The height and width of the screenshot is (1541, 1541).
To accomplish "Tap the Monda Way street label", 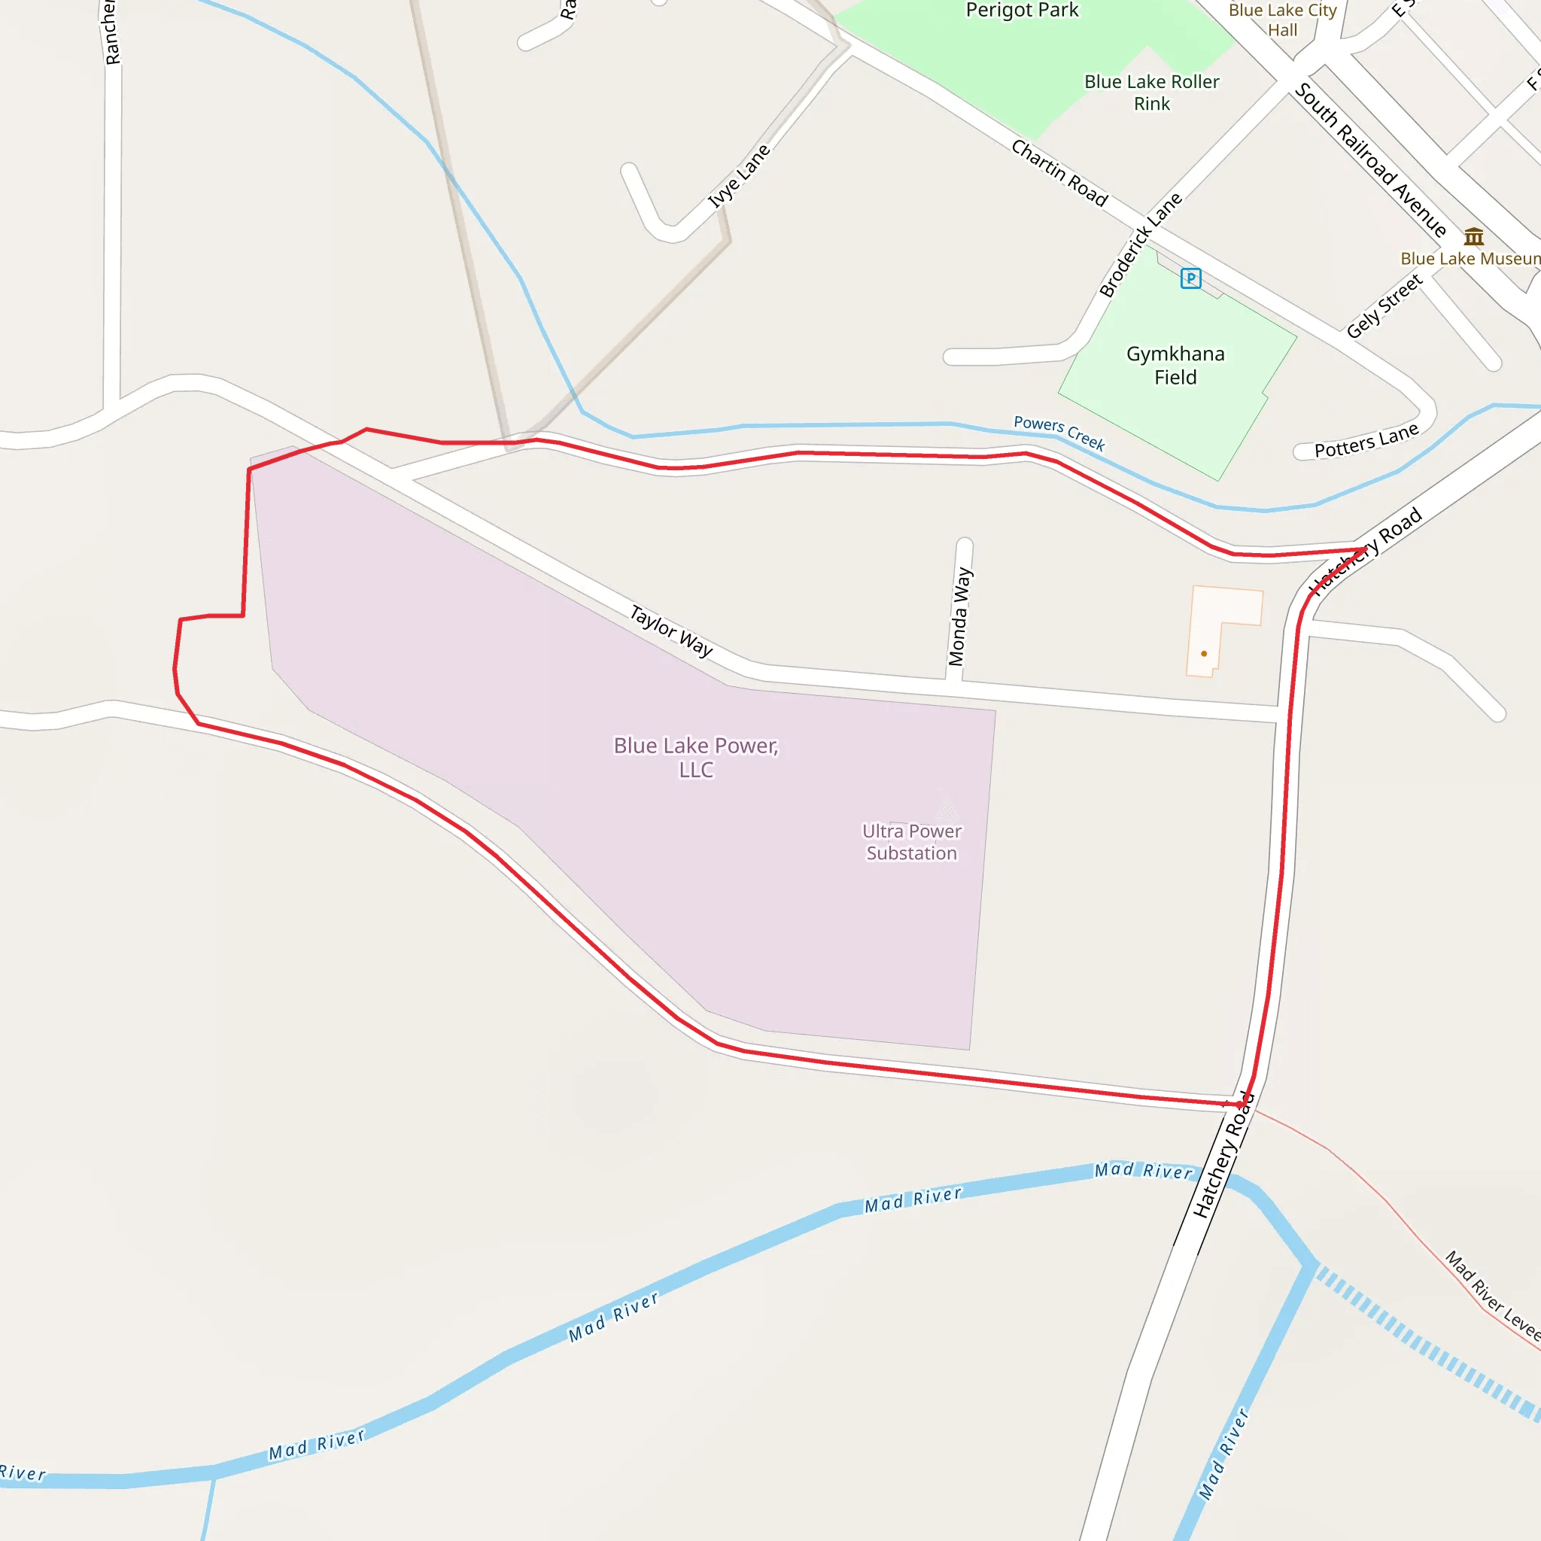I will point(960,616).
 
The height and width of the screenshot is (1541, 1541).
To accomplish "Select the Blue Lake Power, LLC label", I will point(695,757).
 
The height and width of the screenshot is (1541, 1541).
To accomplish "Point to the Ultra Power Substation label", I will point(912,842).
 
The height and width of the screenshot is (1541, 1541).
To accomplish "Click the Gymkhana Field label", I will point(1175,365).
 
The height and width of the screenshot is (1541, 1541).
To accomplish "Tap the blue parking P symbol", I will point(1191,278).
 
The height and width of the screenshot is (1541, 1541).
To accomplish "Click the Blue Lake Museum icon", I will point(1474,237).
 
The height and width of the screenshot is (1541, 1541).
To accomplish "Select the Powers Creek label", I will point(1059,433).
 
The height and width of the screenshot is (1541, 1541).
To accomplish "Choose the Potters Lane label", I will point(1366,441).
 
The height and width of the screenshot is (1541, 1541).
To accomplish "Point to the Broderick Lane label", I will point(1141,244).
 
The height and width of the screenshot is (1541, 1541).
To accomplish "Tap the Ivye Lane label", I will point(740,176).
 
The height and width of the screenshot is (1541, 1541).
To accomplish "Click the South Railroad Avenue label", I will point(1370,160).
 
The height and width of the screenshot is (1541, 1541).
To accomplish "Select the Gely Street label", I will point(1384,306).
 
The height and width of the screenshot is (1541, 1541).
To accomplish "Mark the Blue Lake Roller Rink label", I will point(1152,93).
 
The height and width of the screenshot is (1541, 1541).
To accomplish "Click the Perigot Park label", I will point(1022,11).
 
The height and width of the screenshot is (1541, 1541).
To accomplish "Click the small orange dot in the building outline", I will point(1204,654).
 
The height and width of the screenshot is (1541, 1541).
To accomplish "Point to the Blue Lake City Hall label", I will point(1283,20).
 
